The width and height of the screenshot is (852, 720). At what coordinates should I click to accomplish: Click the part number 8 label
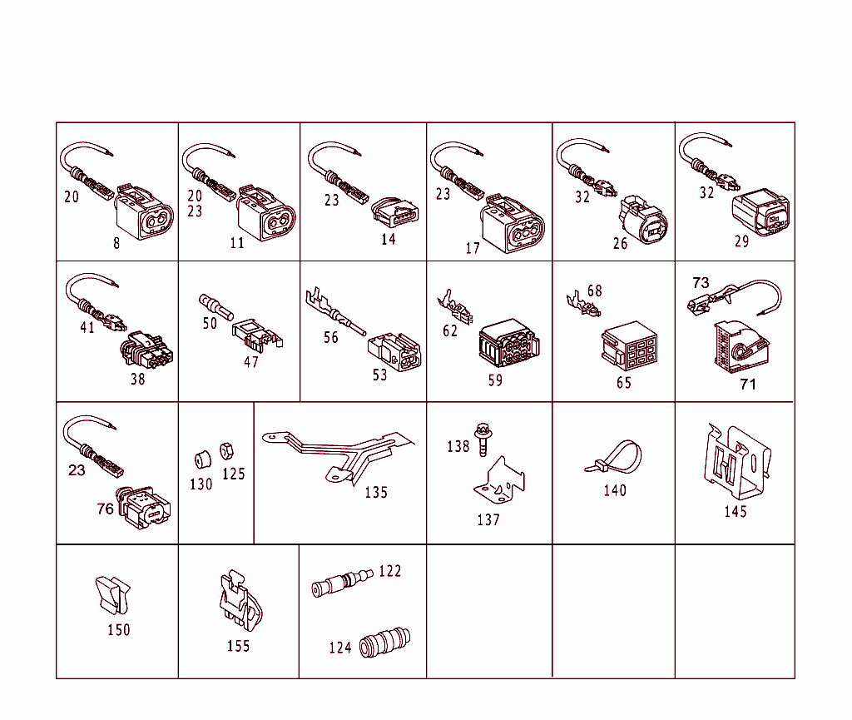(116, 243)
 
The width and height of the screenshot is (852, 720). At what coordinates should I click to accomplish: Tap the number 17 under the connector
(473, 248)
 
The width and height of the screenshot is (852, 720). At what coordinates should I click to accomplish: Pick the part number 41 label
(87, 327)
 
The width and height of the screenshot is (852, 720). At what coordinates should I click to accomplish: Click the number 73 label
(701, 282)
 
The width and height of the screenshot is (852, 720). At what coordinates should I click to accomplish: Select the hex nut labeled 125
(224, 453)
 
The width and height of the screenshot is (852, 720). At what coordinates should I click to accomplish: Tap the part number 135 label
(376, 492)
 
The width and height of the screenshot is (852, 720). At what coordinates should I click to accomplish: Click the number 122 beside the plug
(389, 571)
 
